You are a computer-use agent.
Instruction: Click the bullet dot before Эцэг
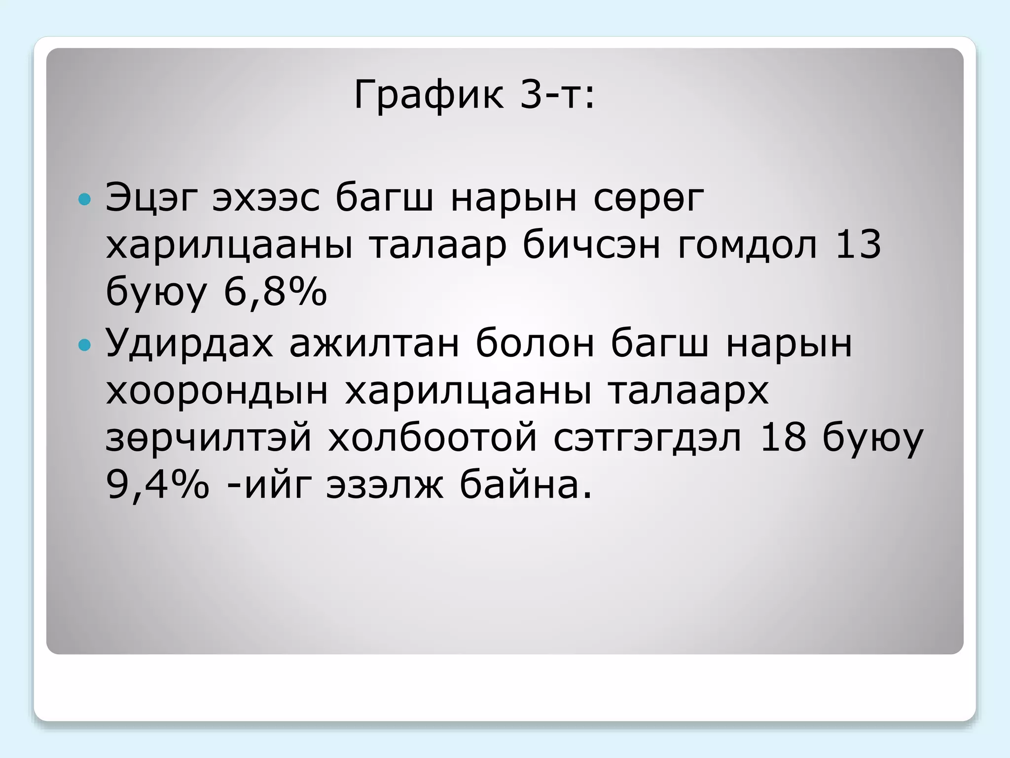coord(85,199)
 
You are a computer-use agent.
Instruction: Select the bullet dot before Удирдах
coord(85,344)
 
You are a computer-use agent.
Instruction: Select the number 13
coord(858,245)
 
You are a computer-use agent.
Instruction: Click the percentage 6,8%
coord(275,292)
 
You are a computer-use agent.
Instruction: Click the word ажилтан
coord(374,343)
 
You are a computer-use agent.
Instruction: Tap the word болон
coord(535,342)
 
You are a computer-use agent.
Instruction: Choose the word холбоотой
coord(433,438)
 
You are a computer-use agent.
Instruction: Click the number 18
coord(783,437)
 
